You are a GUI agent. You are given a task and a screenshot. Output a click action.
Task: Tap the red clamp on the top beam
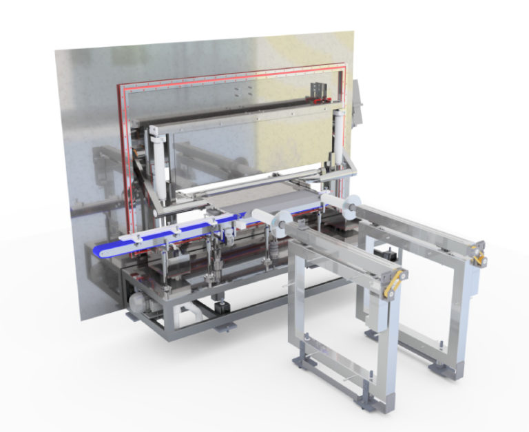[x=320, y=101]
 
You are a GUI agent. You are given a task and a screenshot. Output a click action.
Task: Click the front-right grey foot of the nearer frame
[x=381, y=399]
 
